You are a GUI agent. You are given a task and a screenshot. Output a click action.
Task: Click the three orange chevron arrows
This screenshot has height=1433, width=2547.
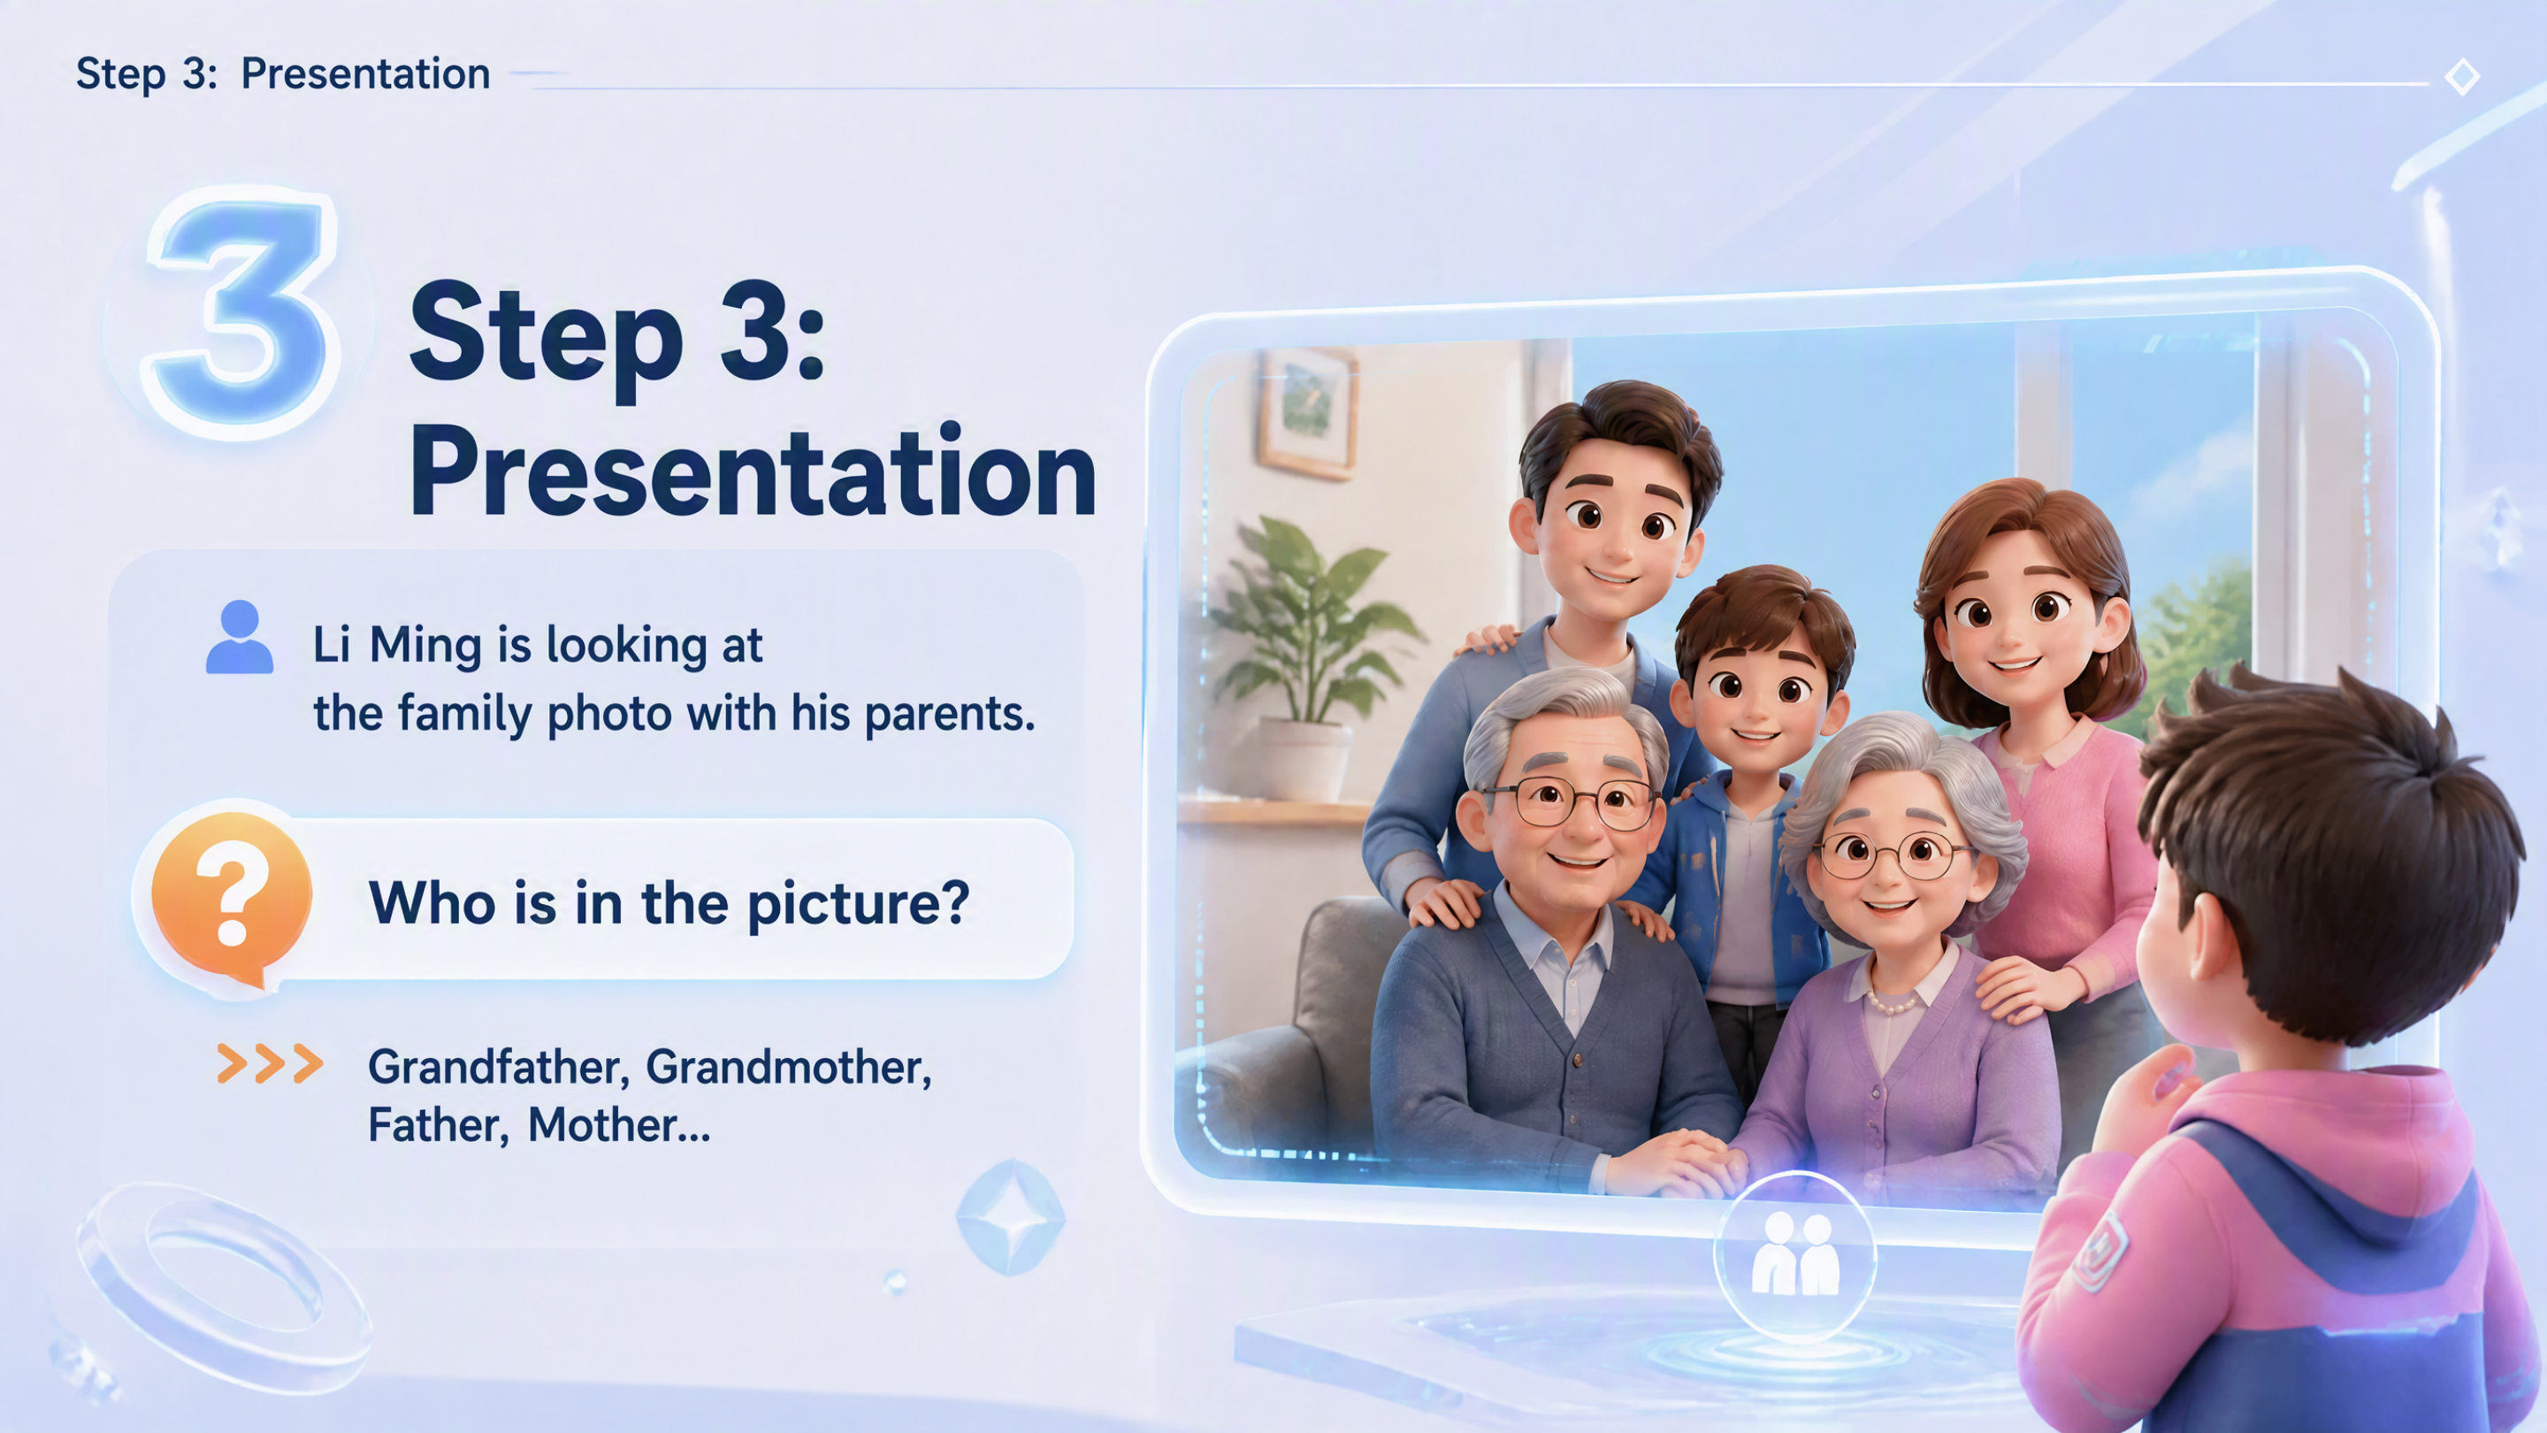pos(270,1063)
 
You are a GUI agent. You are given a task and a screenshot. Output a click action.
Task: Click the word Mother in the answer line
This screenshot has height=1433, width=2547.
pos(602,1125)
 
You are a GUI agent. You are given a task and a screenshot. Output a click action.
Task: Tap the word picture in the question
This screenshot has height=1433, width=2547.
pos(858,904)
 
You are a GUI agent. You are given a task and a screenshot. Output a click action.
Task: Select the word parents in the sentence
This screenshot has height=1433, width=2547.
pos(949,714)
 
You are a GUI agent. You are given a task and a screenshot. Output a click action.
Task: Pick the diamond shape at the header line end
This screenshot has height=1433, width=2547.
pos(2461,76)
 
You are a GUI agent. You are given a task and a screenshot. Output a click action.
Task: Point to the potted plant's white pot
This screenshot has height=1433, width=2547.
pos(1302,759)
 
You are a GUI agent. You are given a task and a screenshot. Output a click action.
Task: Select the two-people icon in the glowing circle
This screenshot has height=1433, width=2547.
pos(1794,1254)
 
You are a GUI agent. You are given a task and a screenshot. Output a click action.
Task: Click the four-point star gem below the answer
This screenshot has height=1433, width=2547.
pos(1009,1216)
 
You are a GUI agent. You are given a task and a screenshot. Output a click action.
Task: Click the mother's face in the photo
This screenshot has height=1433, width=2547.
pos(2017,618)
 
